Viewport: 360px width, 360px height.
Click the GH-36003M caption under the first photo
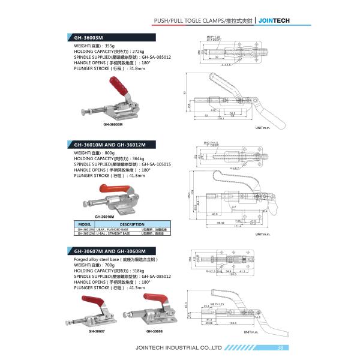click(x=113, y=125)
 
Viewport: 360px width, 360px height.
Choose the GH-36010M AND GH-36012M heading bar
click(x=108, y=144)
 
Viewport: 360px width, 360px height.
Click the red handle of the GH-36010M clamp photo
click(x=121, y=193)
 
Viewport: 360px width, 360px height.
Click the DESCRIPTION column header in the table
click(x=133, y=224)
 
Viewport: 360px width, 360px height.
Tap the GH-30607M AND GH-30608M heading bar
click(x=108, y=251)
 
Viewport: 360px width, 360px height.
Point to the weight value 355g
click(x=109, y=46)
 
